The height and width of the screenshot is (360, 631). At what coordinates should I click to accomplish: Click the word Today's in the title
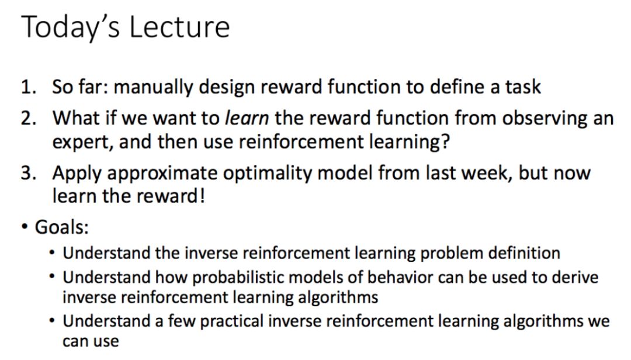[71, 27]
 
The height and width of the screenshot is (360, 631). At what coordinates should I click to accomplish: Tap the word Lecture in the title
[179, 27]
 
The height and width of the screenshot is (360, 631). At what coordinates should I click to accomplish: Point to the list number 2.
[29, 119]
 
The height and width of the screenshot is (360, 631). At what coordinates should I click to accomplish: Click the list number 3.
[29, 173]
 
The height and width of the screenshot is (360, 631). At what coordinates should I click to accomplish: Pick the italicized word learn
[247, 118]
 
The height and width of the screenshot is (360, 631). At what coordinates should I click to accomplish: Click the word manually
[153, 88]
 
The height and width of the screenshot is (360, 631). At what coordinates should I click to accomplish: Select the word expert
[82, 143]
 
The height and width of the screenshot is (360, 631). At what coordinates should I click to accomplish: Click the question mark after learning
[445, 141]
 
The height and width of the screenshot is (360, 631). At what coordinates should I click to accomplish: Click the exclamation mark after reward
[202, 196]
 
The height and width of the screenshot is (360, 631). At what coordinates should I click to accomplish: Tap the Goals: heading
[61, 227]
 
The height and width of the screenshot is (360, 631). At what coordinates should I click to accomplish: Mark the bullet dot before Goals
[25, 227]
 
